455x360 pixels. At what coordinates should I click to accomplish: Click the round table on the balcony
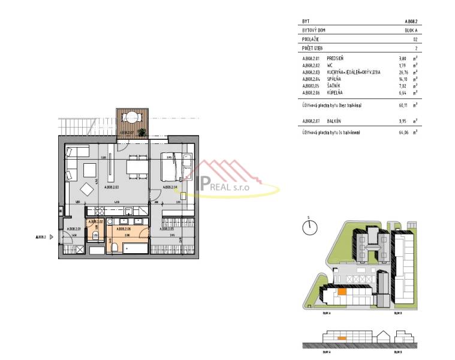(130, 118)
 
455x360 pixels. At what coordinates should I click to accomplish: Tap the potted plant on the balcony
(142, 131)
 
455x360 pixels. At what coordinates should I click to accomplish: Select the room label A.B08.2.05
(167, 229)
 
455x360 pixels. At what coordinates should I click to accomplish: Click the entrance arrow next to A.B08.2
(52, 236)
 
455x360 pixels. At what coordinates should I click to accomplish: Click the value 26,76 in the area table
(402, 71)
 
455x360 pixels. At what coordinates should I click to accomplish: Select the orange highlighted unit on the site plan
(341, 292)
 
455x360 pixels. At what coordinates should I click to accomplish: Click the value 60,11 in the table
(402, 104)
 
